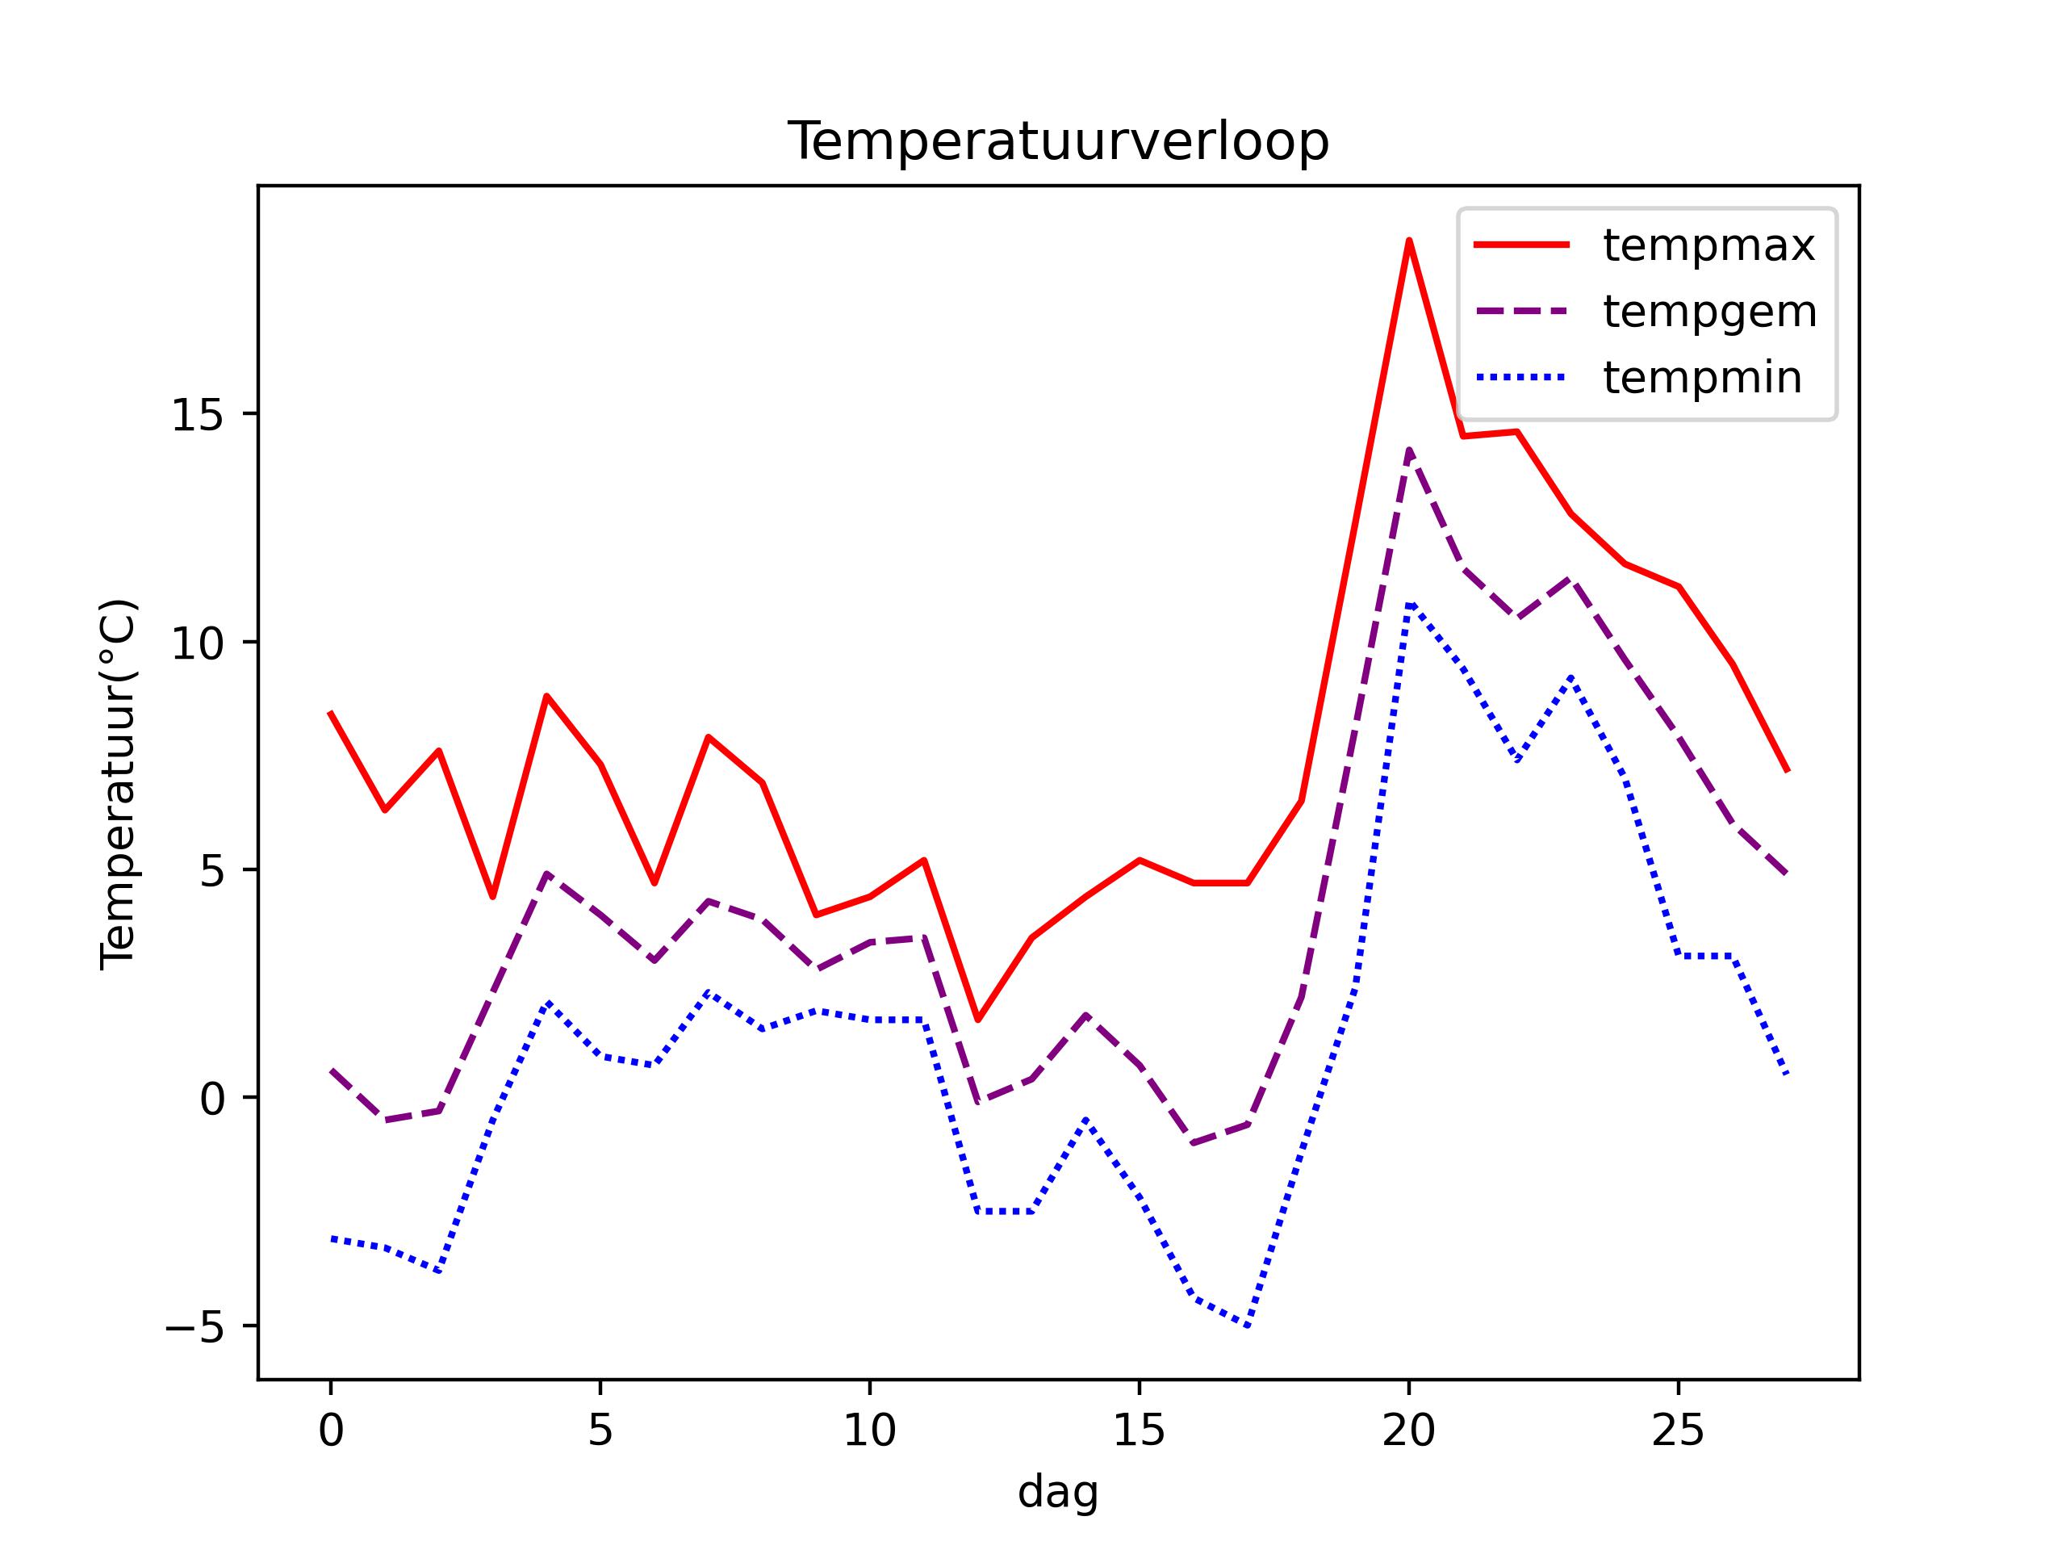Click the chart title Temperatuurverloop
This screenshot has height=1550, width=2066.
[1058, 142]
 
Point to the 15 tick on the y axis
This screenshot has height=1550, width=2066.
[198, 414]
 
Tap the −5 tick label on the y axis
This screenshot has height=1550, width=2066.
[195, 1326]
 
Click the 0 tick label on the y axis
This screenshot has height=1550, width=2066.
[213, 1099]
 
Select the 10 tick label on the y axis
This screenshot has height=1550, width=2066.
[198, 643]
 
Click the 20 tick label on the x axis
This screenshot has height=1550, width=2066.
[1408, 1431]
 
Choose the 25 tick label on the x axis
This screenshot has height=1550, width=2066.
[1679, 1431]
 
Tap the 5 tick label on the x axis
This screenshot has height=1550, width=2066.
[600, 1431]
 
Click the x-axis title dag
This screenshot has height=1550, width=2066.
[1058, 1492]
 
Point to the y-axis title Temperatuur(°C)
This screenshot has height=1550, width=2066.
[119, 783]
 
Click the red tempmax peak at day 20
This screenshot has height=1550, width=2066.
[1408, 241]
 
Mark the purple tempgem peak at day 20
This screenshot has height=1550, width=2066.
[1408, 450]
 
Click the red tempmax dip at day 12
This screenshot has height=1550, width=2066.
[977, 1020]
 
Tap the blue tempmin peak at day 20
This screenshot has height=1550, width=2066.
[1408, 605]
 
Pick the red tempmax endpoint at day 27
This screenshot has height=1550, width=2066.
[1786, 770]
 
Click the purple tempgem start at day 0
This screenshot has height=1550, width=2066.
[331, 1070]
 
